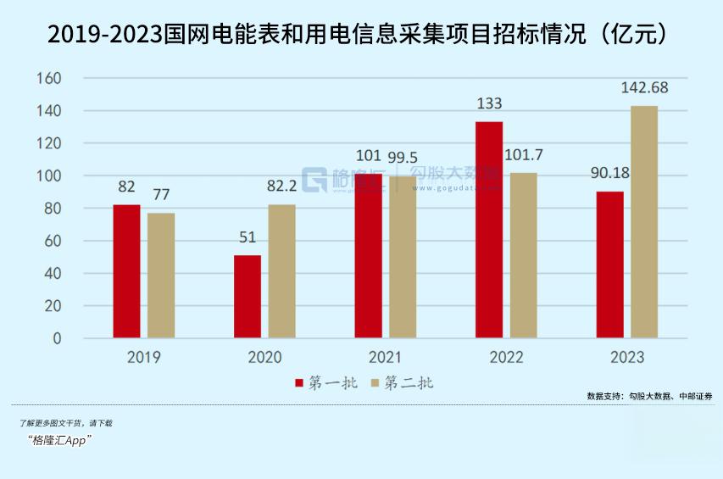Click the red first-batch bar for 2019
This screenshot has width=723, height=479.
point(126,271)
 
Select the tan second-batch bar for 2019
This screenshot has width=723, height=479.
point(161,275)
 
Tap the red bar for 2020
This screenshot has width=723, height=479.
point(247,297)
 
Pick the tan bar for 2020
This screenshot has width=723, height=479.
point(282,271)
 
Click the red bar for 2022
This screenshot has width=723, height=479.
point(489,230)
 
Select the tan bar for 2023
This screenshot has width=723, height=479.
point(644,222)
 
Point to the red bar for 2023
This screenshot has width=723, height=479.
point(609,265)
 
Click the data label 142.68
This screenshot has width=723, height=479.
point(644,88)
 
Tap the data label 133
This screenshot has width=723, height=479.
point(489,103)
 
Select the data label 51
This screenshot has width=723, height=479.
point(247,237)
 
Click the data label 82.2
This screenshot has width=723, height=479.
point(282,187)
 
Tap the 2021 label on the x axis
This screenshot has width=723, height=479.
point(386,357)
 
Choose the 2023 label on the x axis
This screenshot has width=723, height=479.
point(626,357)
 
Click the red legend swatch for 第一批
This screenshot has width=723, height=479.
point(299,383)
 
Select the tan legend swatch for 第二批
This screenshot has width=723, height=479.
point(375,383)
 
